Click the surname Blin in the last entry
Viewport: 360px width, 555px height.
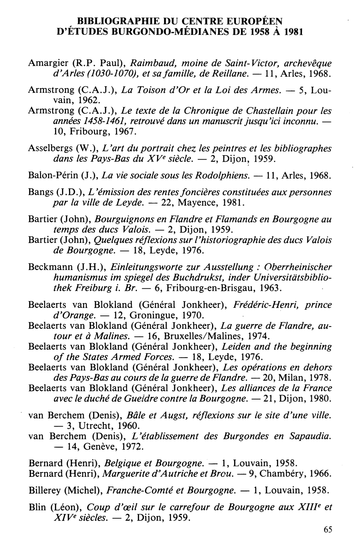click(x=37, y=508)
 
